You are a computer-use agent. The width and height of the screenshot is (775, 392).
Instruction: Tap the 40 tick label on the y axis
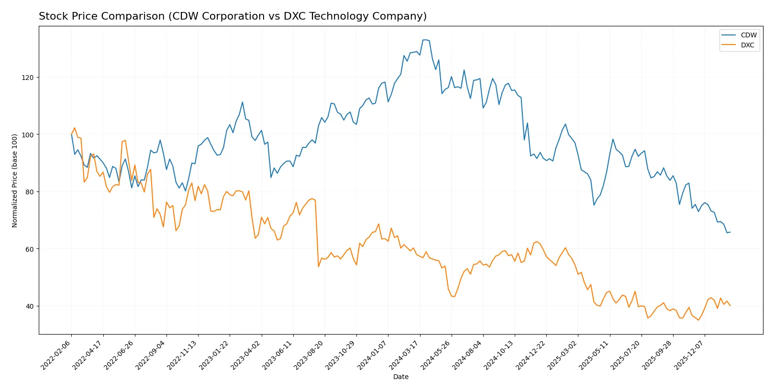click(30, 306)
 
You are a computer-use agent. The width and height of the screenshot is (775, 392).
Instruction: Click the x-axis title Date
click(400, 377)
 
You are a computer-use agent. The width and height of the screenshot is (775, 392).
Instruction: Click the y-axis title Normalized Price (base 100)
click(15, 180)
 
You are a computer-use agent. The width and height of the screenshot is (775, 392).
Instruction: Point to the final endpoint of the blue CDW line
click(730, 232)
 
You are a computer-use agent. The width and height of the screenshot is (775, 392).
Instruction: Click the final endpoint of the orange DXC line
click(730, 305)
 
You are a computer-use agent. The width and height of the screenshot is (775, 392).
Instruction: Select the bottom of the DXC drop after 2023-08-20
click(319, 267)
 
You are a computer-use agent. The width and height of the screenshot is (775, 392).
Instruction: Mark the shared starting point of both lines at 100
click(72, 134)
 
